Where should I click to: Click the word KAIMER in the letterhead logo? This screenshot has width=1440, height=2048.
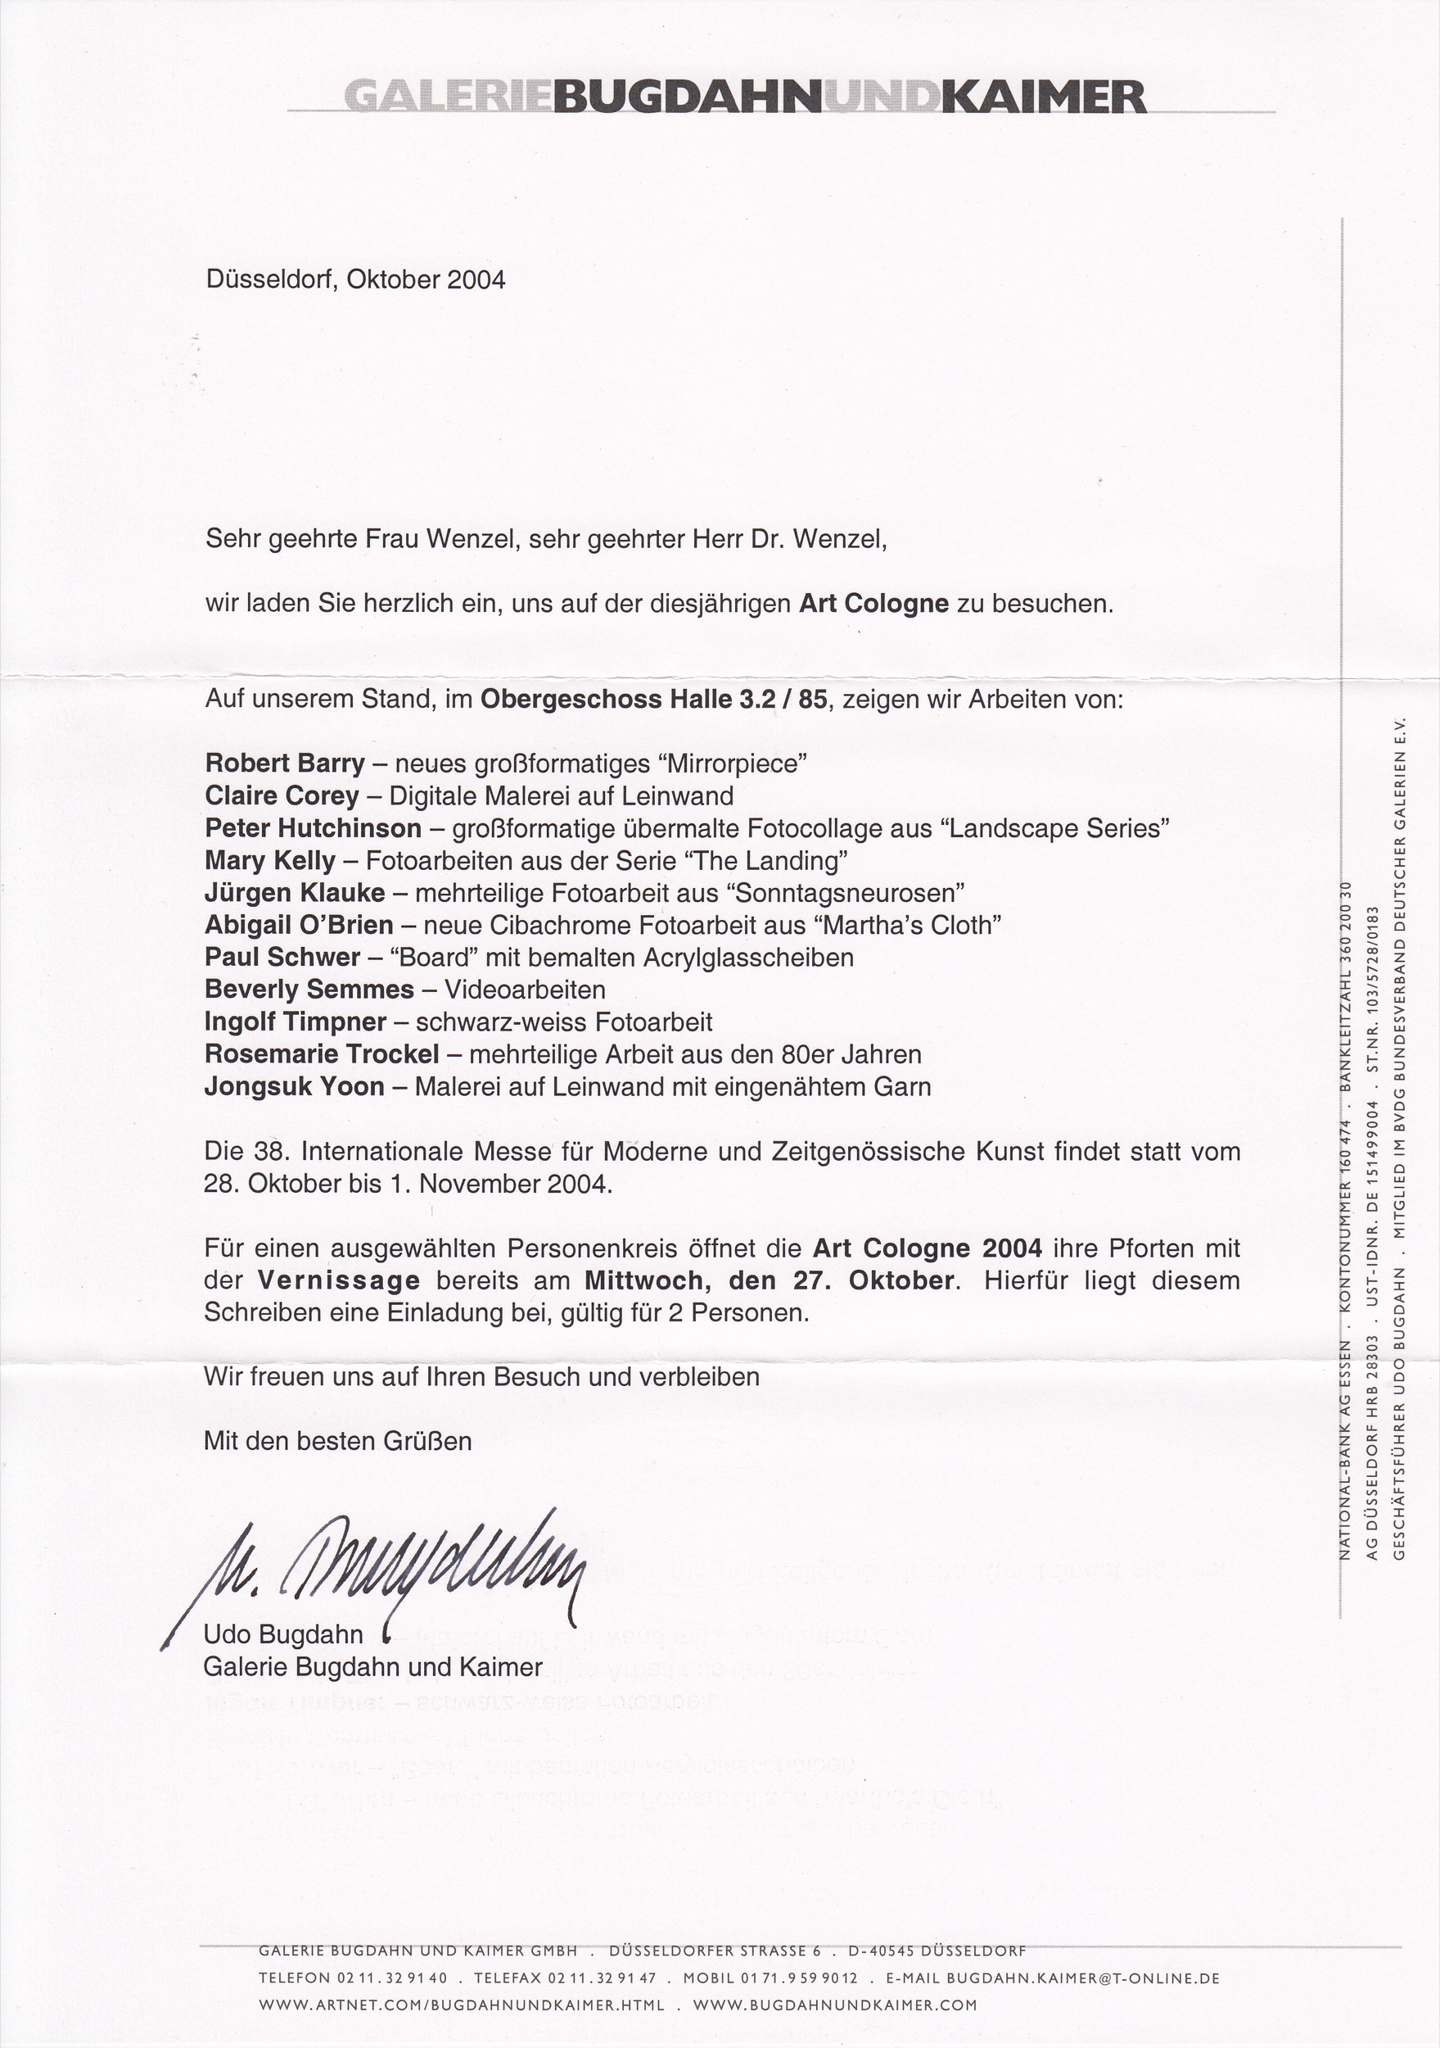(1043, 97)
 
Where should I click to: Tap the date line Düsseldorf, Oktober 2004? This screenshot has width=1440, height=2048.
(356, 280)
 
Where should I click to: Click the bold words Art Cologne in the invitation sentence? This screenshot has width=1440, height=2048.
(873, 604)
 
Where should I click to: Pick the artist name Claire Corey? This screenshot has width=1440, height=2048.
(282, 795)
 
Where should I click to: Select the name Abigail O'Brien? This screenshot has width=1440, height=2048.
(299, 925)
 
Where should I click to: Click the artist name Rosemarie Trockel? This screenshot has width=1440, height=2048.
(322, 1054)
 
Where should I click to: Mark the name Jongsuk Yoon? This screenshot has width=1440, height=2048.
(294, 1087)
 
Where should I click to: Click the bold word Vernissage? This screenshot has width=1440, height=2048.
(339, 1281)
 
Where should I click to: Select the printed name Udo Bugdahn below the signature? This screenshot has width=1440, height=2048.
(283, 1634)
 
